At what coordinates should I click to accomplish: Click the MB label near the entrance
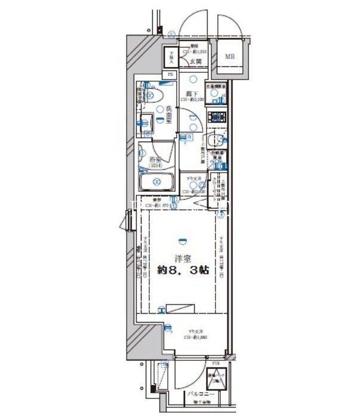click(230, 57)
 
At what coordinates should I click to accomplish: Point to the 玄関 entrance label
click(195, 61)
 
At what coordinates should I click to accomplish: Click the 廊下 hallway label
click(192, 94)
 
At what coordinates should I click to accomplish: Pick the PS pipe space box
click(171, 74)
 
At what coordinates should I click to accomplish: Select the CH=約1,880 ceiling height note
click(195, 337)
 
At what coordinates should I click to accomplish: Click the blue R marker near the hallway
click(185, 136)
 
